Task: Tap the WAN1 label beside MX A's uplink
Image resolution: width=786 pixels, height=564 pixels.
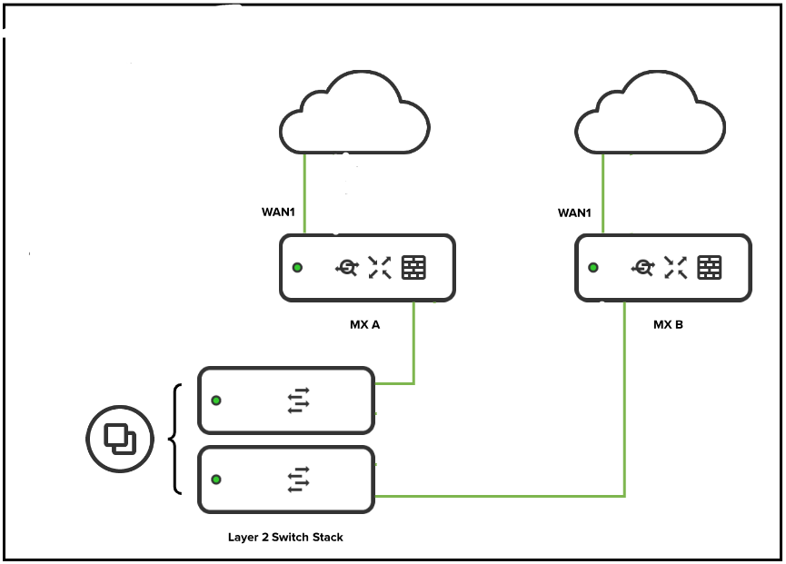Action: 279,213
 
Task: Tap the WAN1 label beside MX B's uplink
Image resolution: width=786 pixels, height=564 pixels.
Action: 574,213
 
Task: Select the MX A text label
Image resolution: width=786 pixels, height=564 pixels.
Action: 364,323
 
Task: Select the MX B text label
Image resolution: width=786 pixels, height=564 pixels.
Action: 668,323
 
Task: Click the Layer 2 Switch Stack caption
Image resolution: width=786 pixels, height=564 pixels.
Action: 285,537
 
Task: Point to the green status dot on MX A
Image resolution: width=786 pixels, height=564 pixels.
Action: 297,268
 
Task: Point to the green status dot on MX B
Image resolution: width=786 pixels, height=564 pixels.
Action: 593,268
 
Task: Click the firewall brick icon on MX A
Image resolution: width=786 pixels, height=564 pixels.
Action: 413,267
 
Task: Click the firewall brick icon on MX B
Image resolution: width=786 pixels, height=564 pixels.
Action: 710,267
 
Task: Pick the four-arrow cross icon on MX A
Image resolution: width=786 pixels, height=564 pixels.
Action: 380,267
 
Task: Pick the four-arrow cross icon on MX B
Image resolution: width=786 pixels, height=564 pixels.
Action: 675,267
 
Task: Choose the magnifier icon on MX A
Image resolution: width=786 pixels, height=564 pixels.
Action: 346,267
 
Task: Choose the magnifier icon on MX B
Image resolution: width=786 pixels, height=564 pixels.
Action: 642,267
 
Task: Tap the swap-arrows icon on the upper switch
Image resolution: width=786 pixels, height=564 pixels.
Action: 298,401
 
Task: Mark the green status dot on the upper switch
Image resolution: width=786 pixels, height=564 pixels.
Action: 216,401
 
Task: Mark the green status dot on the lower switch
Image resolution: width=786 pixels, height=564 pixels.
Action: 216,479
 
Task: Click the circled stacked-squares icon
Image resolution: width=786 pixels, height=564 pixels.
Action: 120,439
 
